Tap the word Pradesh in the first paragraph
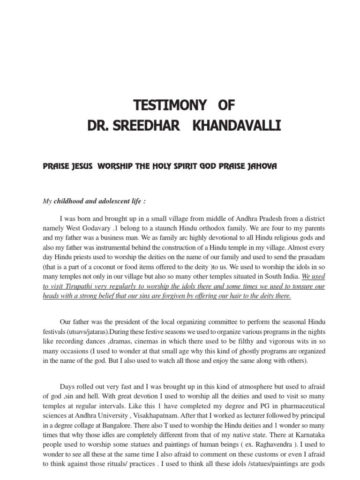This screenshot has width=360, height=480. coord(220,219)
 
